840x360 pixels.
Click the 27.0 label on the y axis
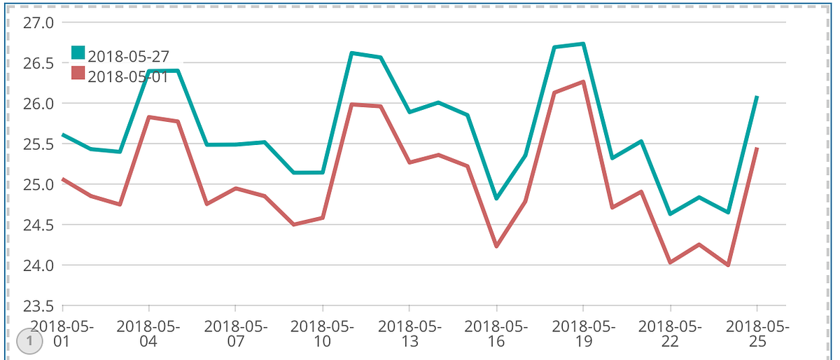(38, 23)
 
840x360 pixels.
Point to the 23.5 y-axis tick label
(38, 306)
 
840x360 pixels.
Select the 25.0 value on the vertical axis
(38, 185)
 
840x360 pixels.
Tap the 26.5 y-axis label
(38, 64)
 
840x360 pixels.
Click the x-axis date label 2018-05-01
(62, 333)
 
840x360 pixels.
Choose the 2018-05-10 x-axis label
(322, 333)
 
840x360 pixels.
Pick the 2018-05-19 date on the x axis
(584, 333)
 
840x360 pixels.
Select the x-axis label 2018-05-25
(757, 333)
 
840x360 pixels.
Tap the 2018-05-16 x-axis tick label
(496, 333)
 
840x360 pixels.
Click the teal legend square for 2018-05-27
(78, 53)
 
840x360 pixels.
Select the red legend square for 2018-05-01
(78, 73)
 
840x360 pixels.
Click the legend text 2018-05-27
(129, 56)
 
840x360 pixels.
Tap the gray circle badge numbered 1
(29, 341)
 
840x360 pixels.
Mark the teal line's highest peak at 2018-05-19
(584, 44)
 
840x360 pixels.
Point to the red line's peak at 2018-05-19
(584, 81)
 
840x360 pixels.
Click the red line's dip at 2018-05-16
(496, 247)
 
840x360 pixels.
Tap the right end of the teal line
(757, 97)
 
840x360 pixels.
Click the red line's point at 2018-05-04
(149, 117)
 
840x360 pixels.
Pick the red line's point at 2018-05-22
(671, 263)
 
